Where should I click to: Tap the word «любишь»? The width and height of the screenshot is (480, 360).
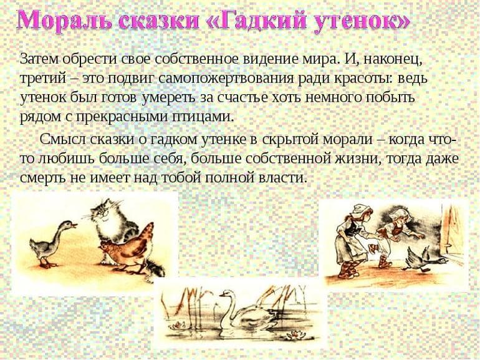pos(63,158)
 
